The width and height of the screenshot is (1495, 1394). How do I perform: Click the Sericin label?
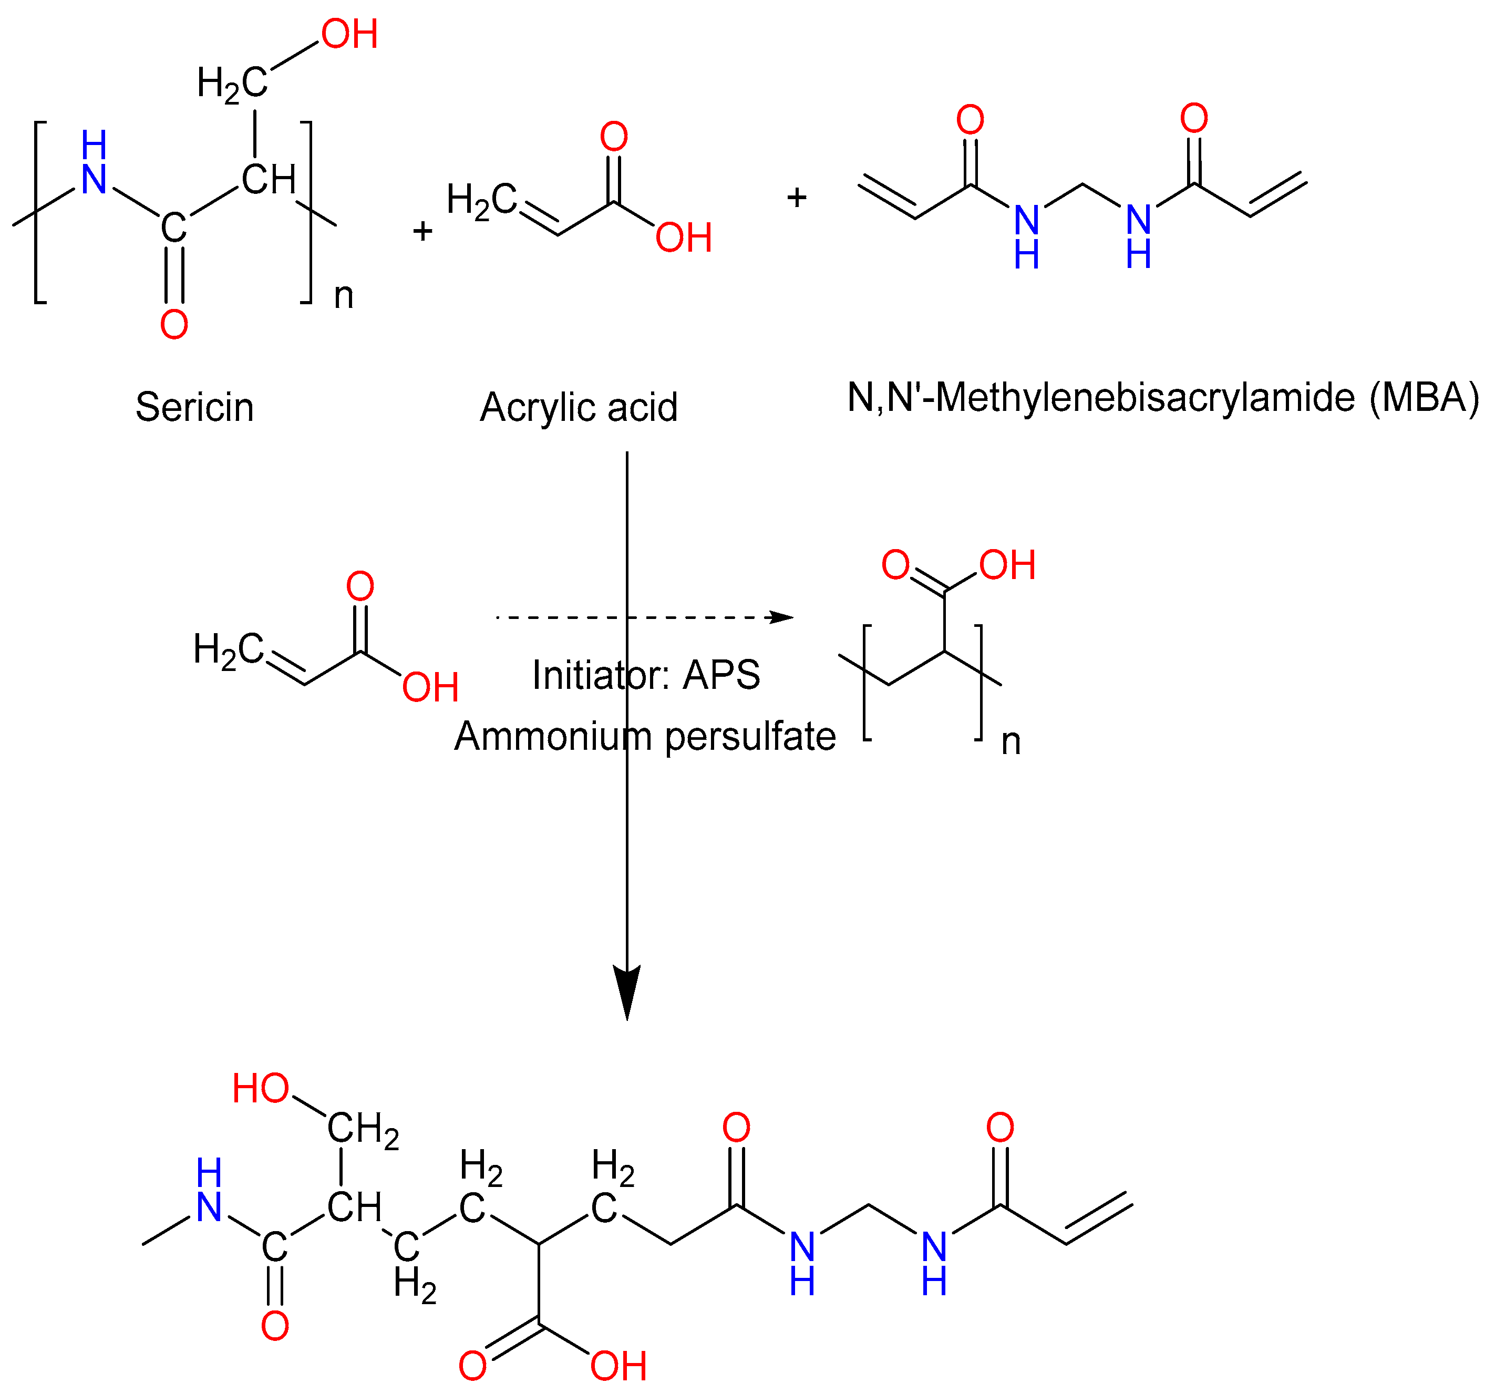coord(195,408)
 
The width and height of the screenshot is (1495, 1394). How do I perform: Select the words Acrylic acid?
coord(579,408)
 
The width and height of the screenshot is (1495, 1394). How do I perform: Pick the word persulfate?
coord(750,736)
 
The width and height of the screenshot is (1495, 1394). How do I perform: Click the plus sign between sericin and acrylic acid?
coord(422,231)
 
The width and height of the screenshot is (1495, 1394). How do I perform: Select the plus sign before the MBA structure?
coord(797,198)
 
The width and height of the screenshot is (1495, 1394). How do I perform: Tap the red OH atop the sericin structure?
coord(349,35)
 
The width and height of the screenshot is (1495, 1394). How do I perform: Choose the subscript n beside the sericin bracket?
coord(344,296)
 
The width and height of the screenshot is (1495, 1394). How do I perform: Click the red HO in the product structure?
coord(260,1088)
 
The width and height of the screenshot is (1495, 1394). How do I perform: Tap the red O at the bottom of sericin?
coord(174,324)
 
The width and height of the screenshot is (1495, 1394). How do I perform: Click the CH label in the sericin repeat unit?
coord(269,180)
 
